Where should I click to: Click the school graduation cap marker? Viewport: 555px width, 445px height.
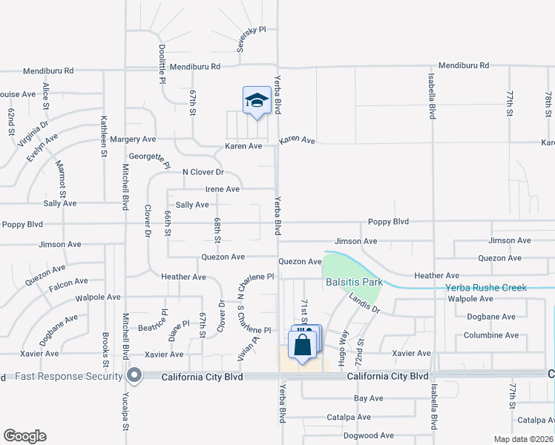click(257, 100)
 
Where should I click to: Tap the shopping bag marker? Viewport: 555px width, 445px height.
click(302, 345)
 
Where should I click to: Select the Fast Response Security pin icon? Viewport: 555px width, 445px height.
click(134, 376)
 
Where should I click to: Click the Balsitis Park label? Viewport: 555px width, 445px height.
click(353, 283)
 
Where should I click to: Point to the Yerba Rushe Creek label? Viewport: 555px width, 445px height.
click(485, 288)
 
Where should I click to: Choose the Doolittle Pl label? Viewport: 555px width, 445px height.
click(162, 62)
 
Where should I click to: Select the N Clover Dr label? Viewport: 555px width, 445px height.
click(203, 172)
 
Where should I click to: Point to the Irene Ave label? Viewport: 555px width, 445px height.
click(222, 189)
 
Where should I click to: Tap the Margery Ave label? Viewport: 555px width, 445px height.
click(133, 139)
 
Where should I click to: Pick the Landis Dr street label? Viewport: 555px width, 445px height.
click(364, 303)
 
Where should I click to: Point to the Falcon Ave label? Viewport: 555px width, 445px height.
click(68, 281)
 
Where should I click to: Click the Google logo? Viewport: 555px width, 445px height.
click(24, 436)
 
